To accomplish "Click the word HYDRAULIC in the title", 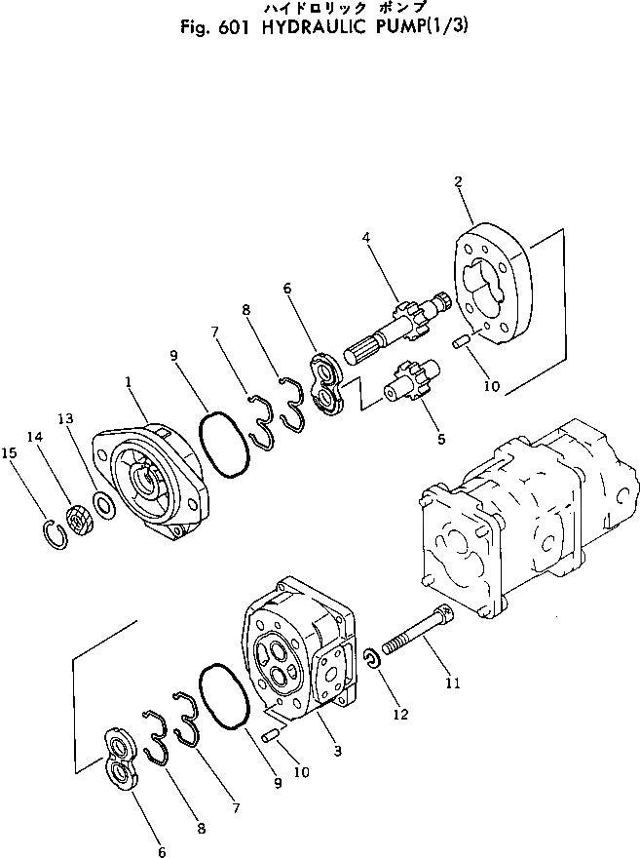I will pyautogui.click(x=313, y=26).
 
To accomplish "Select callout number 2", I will pyautogui.click(x=458, y=180).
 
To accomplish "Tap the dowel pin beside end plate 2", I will pyautogui.click(x=460, y=341).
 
